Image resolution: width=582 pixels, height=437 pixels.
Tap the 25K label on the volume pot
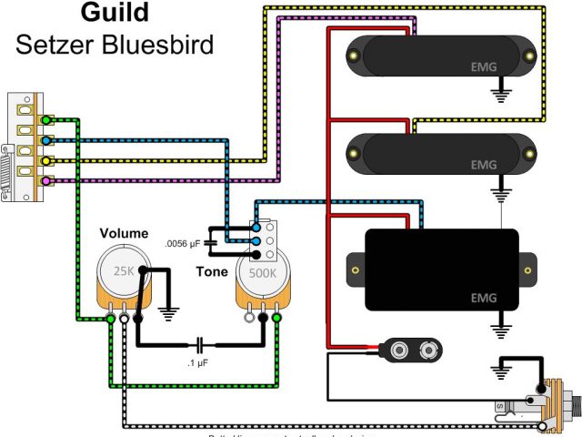(121, 270)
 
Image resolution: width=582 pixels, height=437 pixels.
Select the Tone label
(212, 271)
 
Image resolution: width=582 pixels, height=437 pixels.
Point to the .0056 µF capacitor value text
(183, 244)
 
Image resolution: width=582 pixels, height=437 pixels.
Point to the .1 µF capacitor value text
(199, 363)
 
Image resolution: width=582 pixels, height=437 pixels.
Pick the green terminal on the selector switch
(45, 120)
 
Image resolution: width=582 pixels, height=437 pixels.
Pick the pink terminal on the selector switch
(45, 181)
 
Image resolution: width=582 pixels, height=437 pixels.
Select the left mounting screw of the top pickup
(352, 57)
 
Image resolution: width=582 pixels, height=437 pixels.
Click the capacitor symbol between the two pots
(199, 346)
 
